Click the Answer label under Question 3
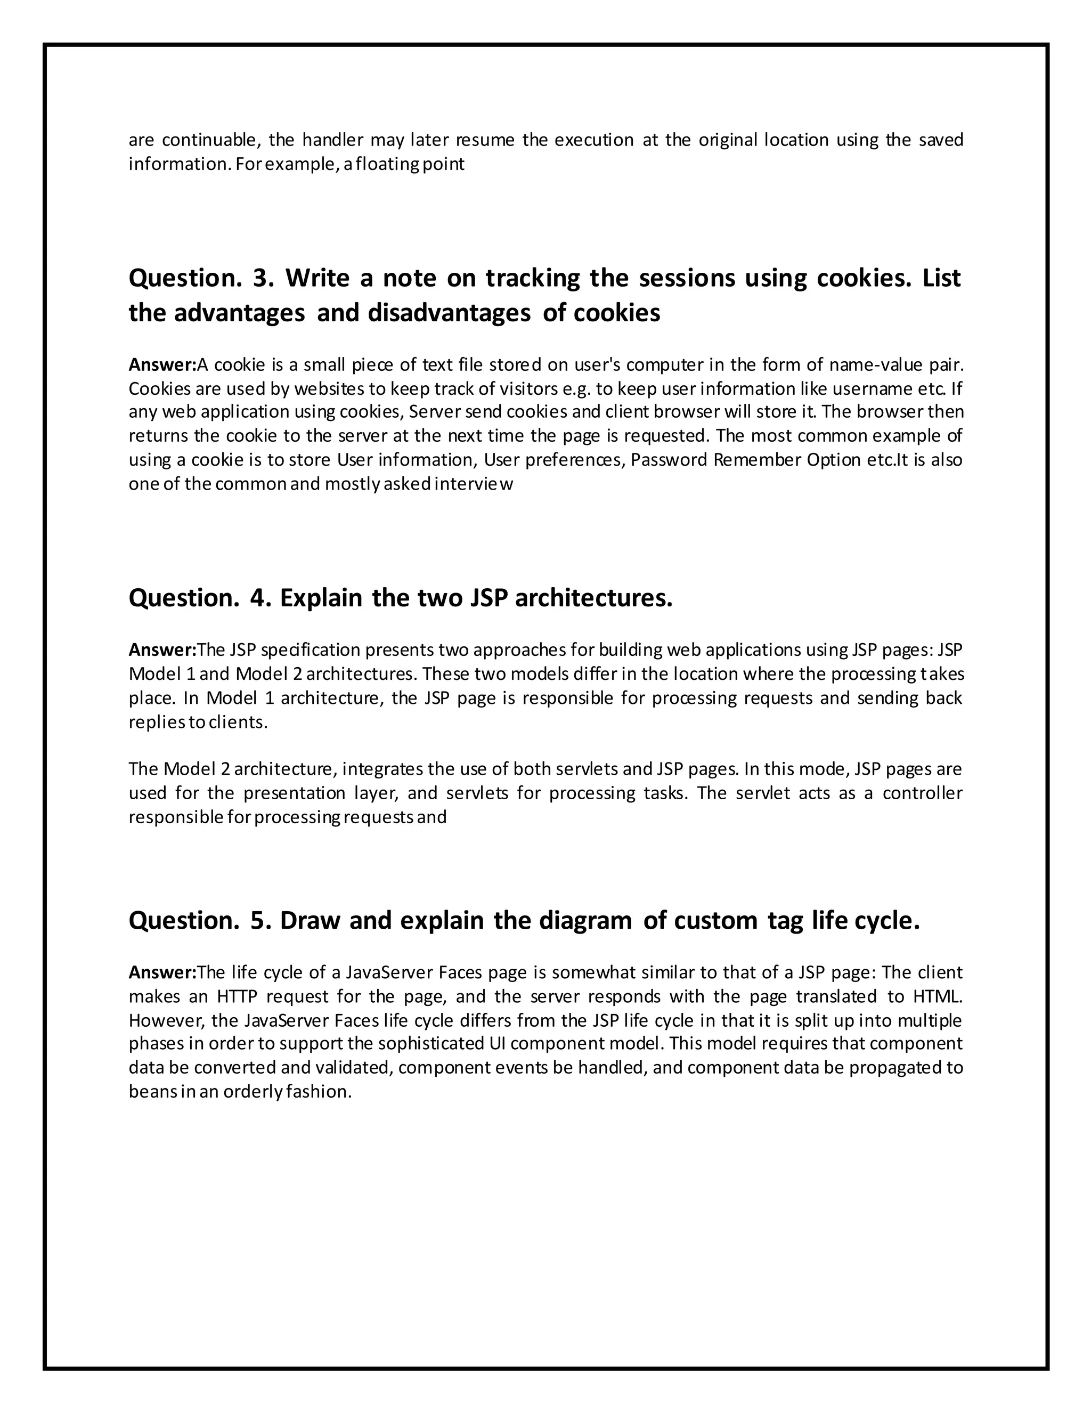(161, 366)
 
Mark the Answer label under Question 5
(161, 972)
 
